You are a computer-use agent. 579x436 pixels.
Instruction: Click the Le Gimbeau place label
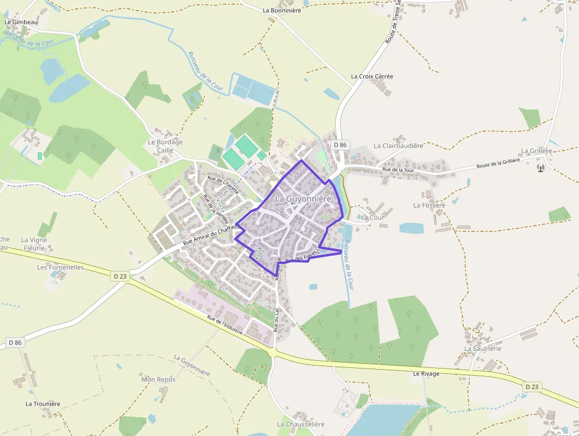(21, 22)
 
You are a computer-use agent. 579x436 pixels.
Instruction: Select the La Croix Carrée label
(372, 76)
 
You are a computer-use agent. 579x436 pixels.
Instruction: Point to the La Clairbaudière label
(398, 146)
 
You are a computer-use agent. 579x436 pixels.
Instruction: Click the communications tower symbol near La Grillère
(540, 167)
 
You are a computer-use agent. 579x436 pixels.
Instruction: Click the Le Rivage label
(426, 374)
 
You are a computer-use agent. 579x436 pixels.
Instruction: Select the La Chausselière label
(301, 424)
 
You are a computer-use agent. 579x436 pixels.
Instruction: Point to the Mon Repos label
(158, 379)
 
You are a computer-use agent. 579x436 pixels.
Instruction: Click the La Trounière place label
(43, 404)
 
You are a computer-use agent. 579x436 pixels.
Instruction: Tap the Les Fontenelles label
(60, 267)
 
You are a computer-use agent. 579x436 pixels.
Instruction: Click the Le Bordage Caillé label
(165, 146)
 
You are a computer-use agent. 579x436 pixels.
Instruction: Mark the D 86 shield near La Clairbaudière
(340, 145)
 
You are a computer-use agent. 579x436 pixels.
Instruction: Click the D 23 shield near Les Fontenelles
(120, 276)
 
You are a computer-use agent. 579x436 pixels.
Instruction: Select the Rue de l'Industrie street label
(225, 326)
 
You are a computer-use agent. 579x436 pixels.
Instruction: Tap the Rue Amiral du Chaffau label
(209, 236)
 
